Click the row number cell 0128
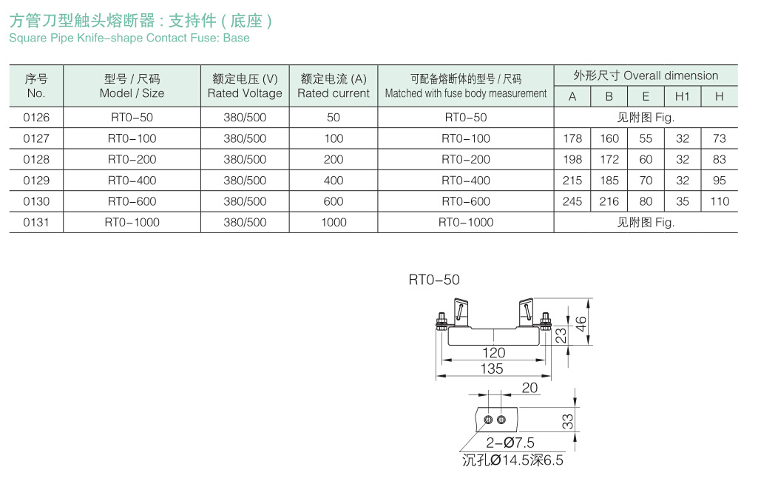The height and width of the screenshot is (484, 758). (x=36, y=159)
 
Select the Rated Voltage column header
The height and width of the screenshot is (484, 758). (x=245, y=86)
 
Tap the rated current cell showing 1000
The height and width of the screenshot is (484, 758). (x=334, y=222)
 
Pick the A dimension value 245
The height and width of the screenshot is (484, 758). (x=572, y=201)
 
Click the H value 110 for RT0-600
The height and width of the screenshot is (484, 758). (x=720, y=201)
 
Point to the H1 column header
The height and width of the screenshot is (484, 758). (x=682, y=96)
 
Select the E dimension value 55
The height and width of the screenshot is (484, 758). (x=646, y=138)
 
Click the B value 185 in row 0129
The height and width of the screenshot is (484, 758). (x=609, y=181)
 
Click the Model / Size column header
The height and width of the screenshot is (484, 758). (x=132, y=86)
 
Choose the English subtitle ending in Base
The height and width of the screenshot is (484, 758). (x=129, y=38)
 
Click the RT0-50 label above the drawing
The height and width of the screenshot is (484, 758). (x=434, y=280)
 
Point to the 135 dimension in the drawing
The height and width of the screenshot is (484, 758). (x=492, y=369)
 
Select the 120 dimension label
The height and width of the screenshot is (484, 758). (x=493, y=353)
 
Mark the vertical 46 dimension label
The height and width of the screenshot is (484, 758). (x=581, y=324)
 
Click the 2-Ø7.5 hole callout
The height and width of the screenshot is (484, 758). (x=510, y=443)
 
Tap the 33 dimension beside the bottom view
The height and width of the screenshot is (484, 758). (x=567, y=421)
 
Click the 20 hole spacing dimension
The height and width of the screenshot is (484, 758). (x=529, y=388)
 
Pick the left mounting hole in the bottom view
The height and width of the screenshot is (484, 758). (x=488, y=420)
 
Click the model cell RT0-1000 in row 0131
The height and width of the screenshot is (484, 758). (x=132, y=222)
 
